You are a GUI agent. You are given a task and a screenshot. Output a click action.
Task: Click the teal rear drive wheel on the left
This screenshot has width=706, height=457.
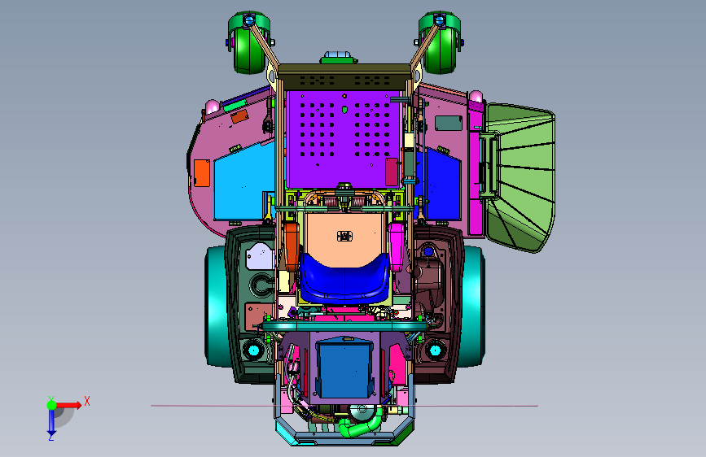tap(216, 306)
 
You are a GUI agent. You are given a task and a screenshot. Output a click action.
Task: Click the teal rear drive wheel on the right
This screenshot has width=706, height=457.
tap(473, 306)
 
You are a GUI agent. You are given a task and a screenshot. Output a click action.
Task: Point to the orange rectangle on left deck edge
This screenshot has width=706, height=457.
tap(202, 173)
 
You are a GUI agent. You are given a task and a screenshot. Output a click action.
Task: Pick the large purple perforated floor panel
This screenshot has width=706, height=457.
tap(344, 139)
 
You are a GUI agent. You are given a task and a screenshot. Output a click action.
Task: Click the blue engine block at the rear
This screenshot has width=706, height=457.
tap(345, 369)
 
